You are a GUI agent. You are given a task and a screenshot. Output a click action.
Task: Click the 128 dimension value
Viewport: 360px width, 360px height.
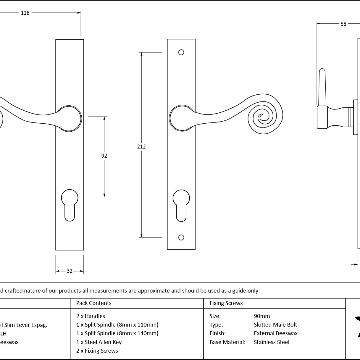tap(25, 13)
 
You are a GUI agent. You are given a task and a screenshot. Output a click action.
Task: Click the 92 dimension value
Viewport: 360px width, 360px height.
tap(104, 156)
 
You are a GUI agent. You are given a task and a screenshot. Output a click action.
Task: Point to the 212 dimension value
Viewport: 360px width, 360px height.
tap(141, 146)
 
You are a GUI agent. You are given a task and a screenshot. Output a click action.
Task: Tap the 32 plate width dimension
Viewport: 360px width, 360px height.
tap(70, 271)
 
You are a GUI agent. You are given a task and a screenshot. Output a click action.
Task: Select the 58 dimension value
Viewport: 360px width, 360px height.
tap(343, 24)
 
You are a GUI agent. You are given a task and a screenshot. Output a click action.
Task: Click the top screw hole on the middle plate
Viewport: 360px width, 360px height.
tap(181, 52)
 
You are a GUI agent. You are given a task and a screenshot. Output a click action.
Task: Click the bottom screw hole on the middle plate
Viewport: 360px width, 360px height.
tap(181, 238)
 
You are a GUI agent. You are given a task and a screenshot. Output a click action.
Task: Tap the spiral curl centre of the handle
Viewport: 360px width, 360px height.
tap(261, 117)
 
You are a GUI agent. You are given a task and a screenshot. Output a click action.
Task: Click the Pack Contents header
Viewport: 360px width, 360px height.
tap(94, 303)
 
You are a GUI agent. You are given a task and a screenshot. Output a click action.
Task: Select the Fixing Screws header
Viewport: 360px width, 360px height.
tap(226, 303)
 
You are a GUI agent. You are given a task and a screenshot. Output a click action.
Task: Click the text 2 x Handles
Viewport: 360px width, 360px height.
tap(91, 316)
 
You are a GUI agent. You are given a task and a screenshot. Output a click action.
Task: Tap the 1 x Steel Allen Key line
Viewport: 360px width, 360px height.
tap(99, 342)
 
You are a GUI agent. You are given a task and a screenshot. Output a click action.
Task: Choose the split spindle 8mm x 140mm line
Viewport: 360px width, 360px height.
tap(117, 333)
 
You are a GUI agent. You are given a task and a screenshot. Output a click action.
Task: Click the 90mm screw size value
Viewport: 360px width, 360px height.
tap(262, 316)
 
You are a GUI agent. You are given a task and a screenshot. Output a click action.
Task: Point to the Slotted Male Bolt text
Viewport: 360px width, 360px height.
tap(275, 325)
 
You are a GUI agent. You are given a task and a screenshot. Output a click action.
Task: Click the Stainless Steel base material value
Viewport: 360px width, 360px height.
tap(272, 342)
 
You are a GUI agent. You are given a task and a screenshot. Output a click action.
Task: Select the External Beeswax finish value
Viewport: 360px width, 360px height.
tap(275, 333)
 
